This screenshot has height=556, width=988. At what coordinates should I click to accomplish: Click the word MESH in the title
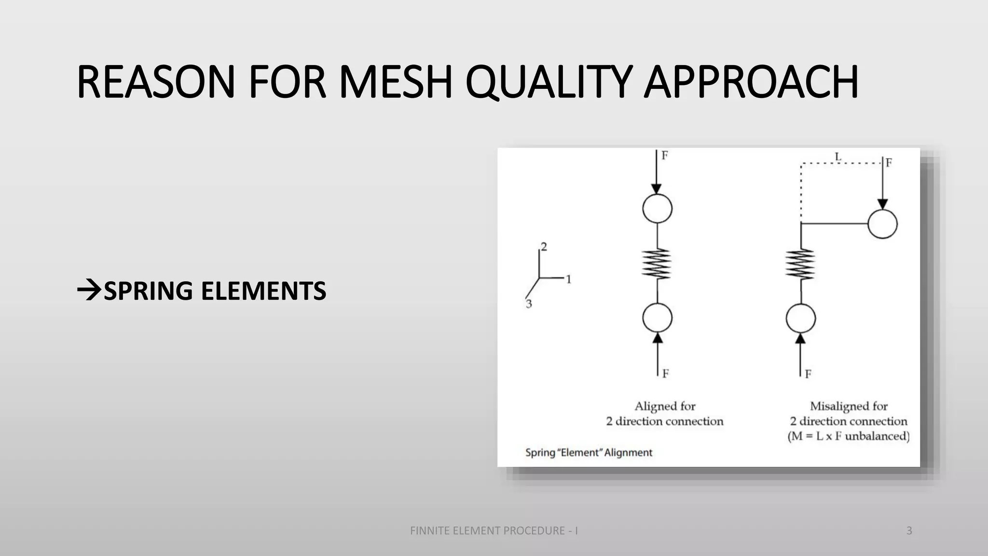(396, 82)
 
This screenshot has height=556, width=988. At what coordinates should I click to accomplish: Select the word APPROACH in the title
(751, 82)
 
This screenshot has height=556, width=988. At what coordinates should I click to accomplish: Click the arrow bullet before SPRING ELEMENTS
(89, 291)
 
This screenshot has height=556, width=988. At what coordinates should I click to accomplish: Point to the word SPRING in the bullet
(149, 291)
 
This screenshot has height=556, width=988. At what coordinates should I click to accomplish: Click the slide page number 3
(909, 531)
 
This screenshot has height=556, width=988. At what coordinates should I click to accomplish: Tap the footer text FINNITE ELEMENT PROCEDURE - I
(494, 531)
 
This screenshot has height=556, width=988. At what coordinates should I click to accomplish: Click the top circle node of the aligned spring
(657, 208)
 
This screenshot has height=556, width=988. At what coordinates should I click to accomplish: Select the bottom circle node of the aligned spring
(657, 318)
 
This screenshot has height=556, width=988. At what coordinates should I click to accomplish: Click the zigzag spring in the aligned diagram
(657, 264)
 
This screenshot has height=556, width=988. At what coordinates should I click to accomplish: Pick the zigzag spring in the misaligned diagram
(800, 264)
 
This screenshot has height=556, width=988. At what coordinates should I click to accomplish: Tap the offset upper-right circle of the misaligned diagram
(882, 224)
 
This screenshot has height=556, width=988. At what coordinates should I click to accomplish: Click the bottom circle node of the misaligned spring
(801, 319)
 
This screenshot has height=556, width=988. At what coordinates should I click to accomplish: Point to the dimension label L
(838, 157)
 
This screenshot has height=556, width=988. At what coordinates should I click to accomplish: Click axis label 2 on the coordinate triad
(544, 247)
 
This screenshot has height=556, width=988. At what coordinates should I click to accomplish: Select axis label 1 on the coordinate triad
(568, 279)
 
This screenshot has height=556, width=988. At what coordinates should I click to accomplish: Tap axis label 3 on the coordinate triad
(529, 304)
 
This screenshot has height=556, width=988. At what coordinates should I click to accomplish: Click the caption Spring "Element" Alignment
(589, 453)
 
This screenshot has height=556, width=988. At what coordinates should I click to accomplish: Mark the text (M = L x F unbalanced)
(849, 436)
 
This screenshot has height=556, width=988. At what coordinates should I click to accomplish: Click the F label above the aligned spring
(665, 155)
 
